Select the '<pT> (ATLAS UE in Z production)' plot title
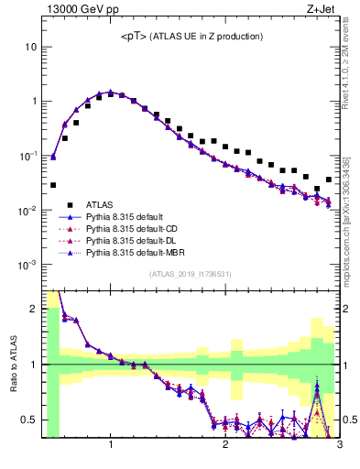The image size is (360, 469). (x=191, y=37)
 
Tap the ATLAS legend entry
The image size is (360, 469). (x=102, y=204)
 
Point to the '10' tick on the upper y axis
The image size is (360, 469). (x=30, y=47)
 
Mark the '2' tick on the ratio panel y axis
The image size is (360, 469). (x=34, y=309)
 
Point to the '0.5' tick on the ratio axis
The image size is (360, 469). (x=30, y=420)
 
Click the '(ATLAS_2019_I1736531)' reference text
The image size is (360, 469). (x=191, y=275)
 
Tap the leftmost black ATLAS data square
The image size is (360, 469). (x=53, y=184)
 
